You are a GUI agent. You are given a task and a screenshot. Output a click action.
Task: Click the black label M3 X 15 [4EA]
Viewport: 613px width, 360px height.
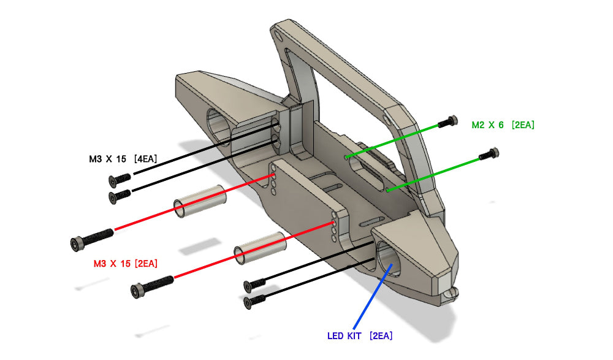(x=122, y=159)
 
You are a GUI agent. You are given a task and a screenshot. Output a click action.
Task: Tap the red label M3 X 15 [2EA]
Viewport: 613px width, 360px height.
(x=126, y=264)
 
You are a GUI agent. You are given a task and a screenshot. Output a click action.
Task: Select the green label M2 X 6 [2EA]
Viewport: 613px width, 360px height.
(x=503, y=125)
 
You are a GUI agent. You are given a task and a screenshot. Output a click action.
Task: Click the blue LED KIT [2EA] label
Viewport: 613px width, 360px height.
(x=360, y=336)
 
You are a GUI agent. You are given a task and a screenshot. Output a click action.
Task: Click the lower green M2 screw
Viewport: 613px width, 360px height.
(x=489, y=155)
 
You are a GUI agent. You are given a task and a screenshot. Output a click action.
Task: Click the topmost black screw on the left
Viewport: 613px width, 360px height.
(x=120, y=178)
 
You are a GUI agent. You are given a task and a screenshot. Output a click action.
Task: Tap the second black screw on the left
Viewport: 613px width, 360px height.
(x=120, y=196)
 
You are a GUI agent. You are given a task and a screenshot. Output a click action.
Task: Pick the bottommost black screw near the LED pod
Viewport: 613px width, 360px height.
(x=254, y=301)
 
